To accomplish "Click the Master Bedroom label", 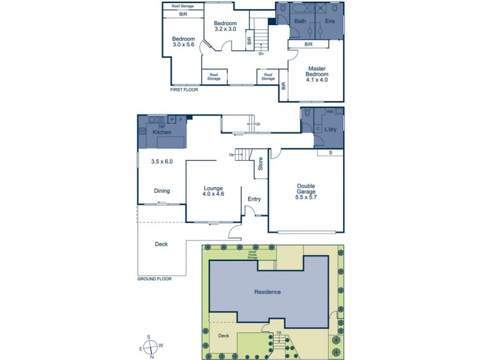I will (x=317, y=73).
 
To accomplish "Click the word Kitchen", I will (x=162, y=131).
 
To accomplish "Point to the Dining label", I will (x=161, y=191).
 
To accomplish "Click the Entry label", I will (x=254, y=199).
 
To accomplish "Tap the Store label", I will (x=260, y=163).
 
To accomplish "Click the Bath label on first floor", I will (x=300, y=22).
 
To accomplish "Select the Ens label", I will (x=330, y=22).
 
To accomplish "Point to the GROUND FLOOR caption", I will (x=154, y=279).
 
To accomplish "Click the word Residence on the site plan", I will (x=267, y=292).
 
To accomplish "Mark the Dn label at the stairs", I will (x=261, y=53).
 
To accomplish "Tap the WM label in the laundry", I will (x=329, y=112).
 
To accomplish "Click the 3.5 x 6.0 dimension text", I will (x=163, y=161).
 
